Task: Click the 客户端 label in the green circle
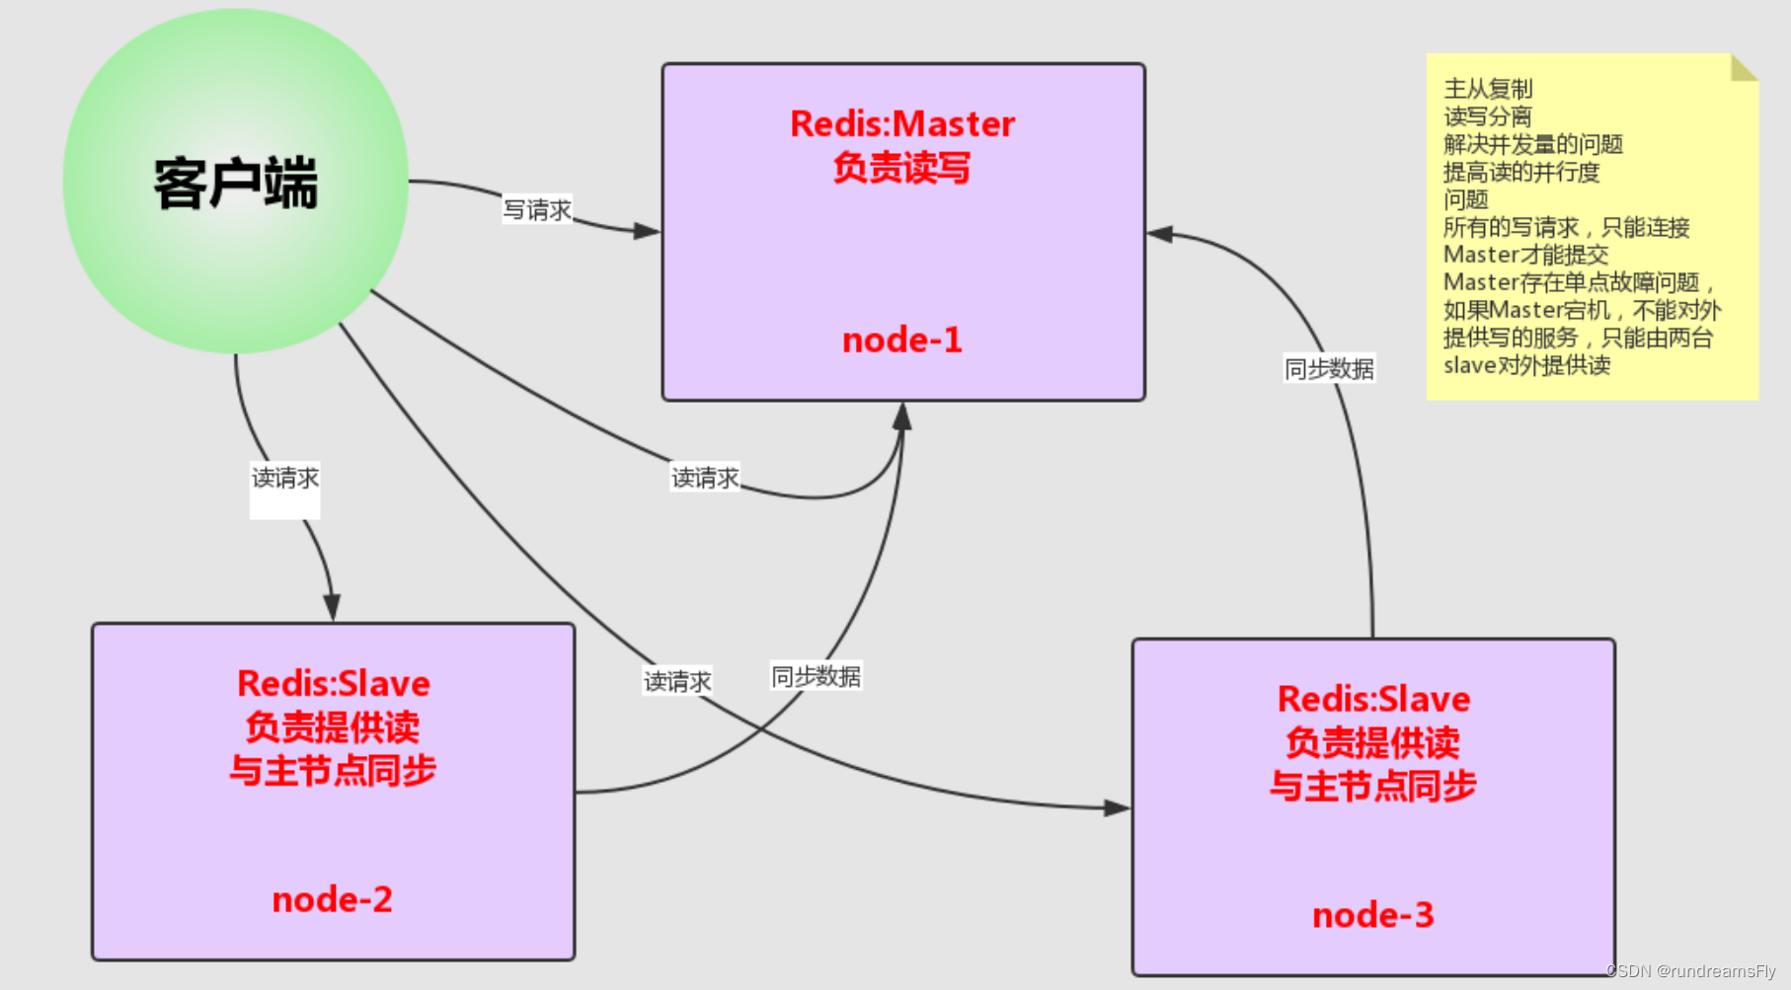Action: tap(236, 184)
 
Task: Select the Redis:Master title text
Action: tap(901, 124)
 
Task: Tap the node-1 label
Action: tap(901, 341)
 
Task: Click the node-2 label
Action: tap(332, 899)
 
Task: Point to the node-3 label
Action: tap(1372, 915)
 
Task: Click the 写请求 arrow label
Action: tap(537, 210)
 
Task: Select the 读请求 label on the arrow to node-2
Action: tap(284, 479)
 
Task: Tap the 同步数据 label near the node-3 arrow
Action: tap(1328, 369)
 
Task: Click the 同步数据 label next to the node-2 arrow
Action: tap(816, 677)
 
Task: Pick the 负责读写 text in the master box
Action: tap(901, 168)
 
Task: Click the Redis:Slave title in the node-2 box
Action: tap(333, 684)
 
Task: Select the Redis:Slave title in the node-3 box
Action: tap(1373, 700)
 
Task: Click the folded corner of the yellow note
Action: tap(1743, 67)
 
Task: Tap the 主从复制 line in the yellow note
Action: tap(1488, 89)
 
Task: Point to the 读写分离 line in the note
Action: tap(1488, 116)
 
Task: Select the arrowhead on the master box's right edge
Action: tap(1160, 234)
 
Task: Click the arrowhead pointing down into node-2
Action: tap(332, 606)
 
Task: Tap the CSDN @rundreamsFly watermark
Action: tap(1690, 971)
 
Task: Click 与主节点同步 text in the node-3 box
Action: tap(1372, 787)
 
